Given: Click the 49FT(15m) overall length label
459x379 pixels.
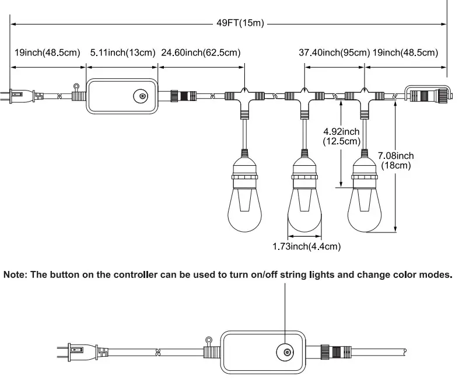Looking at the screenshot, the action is click(240, 23).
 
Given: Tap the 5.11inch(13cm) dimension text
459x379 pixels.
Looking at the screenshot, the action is click(122, 53).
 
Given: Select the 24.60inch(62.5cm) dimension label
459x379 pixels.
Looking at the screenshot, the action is click(201, 53).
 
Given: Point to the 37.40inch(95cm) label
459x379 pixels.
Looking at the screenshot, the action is click(334, 53).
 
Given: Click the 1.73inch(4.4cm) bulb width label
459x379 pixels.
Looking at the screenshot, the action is click(307, 246).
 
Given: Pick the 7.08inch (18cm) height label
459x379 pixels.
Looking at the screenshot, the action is click(396, 161).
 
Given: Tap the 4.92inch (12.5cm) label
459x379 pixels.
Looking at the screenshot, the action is click(342, 136).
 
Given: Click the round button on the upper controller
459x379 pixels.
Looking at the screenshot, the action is click(141, 96).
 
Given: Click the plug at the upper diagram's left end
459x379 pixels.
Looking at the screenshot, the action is click(22, 96).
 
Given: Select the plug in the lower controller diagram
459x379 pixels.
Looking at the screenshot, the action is click(83, 351).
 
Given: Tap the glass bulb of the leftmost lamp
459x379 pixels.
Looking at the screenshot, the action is click(245, 210).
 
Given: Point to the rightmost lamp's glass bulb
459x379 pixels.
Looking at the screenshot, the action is click(365, 210).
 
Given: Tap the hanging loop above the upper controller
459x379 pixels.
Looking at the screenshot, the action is click(76, 88).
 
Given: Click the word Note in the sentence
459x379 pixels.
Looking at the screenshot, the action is click(15, 274).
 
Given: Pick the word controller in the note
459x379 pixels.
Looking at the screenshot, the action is click(135, 274).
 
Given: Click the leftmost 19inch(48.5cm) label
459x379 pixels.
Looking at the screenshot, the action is click(47, 53).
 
